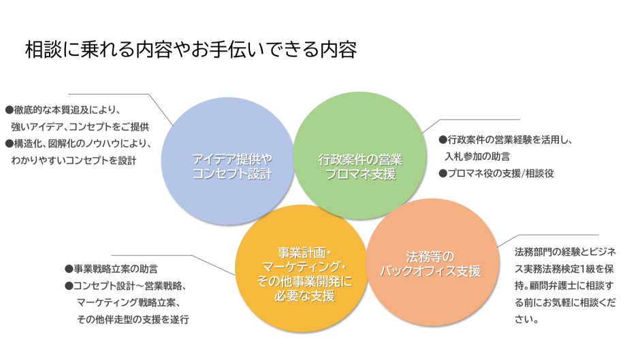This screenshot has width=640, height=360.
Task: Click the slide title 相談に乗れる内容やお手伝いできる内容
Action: click(191, 50)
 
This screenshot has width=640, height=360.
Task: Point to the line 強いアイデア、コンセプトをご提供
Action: click(80, 127)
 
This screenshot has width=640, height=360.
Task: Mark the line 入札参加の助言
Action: click(477, 157)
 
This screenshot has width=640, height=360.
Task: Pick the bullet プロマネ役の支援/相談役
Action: click(496, 174)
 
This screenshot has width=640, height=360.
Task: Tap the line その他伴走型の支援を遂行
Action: click(132, 319)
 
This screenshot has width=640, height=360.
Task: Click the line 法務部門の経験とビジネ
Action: click(565, 251)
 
